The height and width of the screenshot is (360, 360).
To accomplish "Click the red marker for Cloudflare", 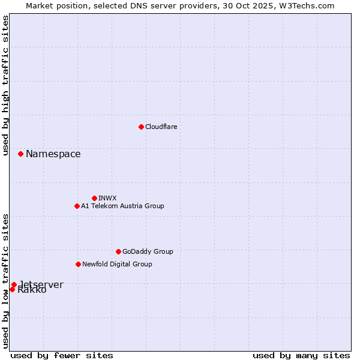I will point(141,127).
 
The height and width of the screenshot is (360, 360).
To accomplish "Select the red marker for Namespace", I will point(20,154).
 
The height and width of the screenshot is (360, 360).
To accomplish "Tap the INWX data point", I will point(94,198).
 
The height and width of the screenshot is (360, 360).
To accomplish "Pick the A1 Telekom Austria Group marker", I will point(77,206).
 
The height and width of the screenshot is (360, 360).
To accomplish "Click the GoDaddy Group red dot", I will point(118,251).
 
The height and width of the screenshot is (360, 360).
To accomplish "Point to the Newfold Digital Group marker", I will point(78,264).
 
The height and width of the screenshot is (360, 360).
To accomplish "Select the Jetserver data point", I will point(14,284).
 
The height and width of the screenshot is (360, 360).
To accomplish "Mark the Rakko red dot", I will point(12,289).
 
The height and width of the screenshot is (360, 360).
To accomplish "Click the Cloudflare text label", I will point(161,127).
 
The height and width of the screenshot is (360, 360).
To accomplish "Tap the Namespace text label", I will point(53,154).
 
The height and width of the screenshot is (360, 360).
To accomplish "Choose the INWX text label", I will point(107,198).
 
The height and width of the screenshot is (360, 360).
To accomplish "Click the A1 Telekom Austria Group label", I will point(122,206).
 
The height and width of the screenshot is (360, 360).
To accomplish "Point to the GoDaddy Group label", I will point(148,251).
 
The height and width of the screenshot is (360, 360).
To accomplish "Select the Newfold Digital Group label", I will point(117,264).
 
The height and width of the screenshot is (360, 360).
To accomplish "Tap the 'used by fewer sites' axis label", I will point(62,355).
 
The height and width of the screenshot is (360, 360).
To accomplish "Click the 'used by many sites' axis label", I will point(301,355).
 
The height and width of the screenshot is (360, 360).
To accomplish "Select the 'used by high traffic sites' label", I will point(5,85).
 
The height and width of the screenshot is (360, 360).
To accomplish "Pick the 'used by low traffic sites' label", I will point(5,281).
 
